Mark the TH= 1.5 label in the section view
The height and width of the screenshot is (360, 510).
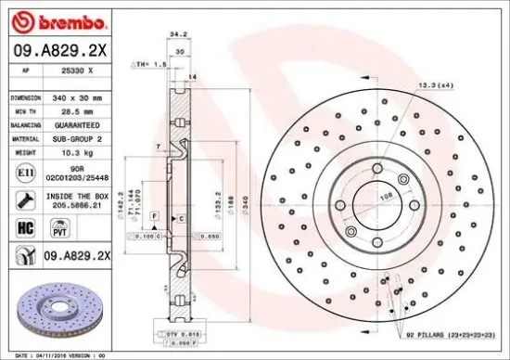147,65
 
